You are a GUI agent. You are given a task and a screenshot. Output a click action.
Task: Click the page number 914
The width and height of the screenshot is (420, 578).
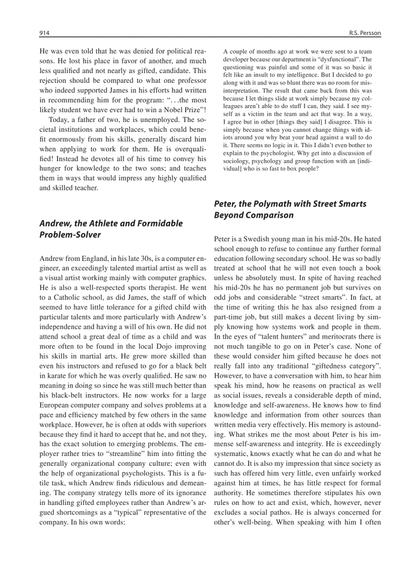pos(44,33)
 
